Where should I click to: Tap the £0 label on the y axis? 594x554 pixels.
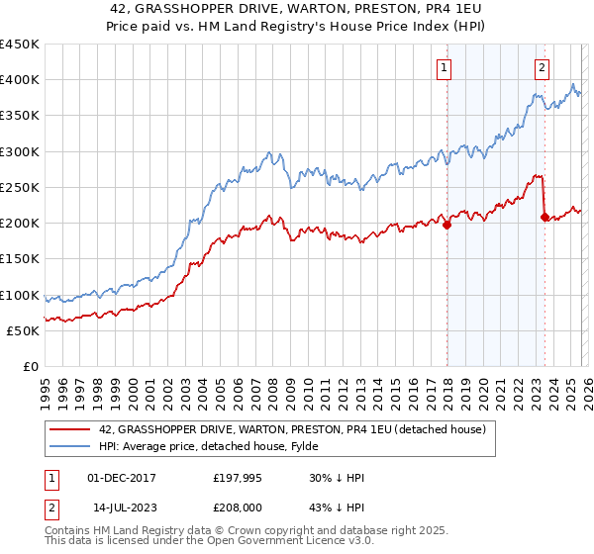click(x=30, y=367)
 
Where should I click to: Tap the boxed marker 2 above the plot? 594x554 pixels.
click(x=543, y=68)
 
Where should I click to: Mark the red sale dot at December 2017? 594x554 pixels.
click(x=446, y=225)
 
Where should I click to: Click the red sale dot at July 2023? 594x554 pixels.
click(x=544, y=217)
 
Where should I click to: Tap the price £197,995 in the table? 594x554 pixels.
click(x=236, y=478)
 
